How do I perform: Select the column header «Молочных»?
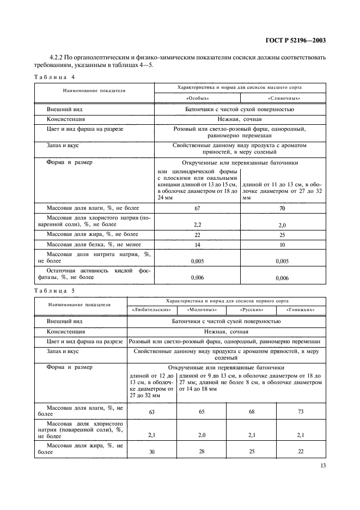coord(202,309)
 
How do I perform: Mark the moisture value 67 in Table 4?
coord(197,208)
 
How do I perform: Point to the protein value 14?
coord(197,245)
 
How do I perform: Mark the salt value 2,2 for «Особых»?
coord(197,224)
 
